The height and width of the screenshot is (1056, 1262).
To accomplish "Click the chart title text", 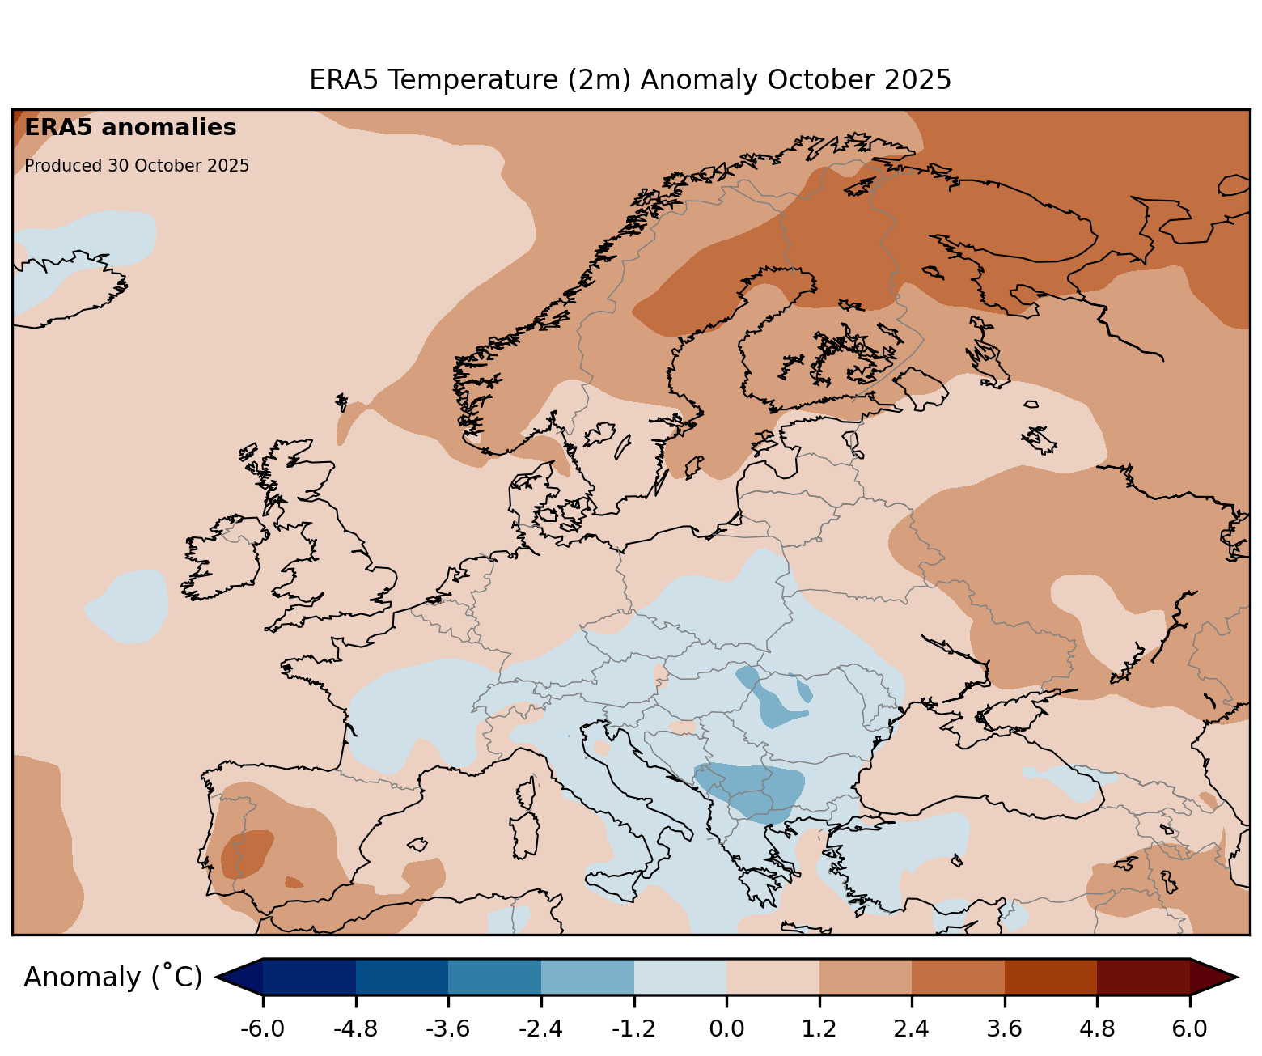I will (x=630, y=80).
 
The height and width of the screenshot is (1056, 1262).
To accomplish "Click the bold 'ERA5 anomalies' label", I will (x=130, y=128).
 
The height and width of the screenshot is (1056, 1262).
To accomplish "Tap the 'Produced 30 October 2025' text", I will (x=137, y=166).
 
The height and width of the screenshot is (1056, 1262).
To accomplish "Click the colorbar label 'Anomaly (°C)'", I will (x=112, y=978).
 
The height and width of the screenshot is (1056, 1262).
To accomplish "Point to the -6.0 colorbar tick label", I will (x=262, y=1029).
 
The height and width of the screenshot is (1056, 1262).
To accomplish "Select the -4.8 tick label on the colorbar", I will (x=355, y=1029).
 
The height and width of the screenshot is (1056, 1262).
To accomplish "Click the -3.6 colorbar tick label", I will (x=448, y=1029).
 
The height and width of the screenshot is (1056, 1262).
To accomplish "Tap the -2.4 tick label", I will (x=540, y=1029).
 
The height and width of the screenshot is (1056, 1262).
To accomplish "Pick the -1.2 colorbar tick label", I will (x=633, y=1029).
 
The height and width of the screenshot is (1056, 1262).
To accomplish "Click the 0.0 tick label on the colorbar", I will (x=726, y=1029).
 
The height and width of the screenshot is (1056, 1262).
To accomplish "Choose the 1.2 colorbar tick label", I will (x=819, y=1029).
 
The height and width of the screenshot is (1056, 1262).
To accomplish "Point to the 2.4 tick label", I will (x=912, y=1029).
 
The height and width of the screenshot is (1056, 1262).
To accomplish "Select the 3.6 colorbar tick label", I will (x=1005, y=1029).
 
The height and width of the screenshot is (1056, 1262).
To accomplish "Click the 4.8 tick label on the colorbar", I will (x=1097, y=1029).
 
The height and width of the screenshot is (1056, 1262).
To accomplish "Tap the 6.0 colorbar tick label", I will (x=1190, y=1029).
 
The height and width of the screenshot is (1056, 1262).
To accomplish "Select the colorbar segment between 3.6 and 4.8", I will (x=1051, y=977).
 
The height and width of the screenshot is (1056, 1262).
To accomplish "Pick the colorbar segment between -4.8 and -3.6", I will (x=401, y=977).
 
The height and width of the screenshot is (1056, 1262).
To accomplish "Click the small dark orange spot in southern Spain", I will (x=294, y=882).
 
